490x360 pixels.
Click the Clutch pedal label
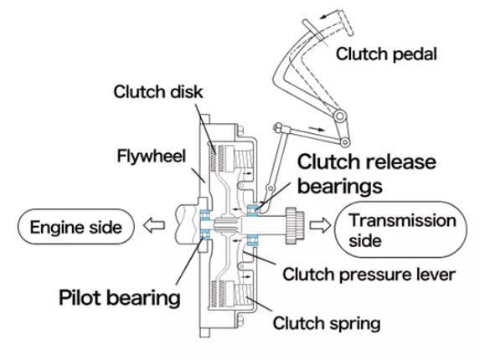[386, 54]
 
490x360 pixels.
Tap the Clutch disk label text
[158, 92]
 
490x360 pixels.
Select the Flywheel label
[152, 156]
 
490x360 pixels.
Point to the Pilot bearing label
[120, 297]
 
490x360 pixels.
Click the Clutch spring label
[327, 323]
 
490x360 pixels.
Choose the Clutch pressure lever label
[369, 275]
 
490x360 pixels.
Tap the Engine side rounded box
[76, 226]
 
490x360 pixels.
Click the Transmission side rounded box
[400, 229]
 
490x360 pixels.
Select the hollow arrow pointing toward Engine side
[154, 225]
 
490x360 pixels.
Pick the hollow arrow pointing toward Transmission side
[320, 225]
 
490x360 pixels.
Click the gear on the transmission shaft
[294, 225]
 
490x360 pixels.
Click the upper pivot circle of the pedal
[340, 116]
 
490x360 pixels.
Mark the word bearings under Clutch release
[340, 186]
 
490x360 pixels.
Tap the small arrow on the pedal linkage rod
[317, 129]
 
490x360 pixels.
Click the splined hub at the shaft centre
[225, 226]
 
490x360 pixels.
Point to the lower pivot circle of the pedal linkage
[345, 142]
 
